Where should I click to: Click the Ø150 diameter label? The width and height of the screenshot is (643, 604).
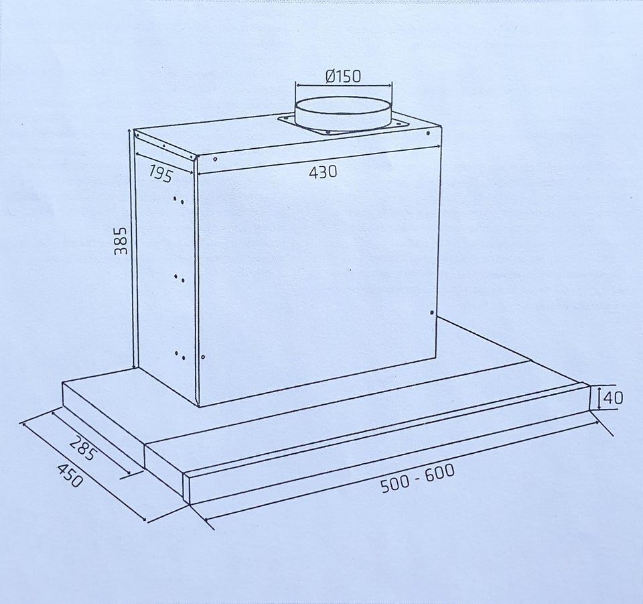tap(344, 76)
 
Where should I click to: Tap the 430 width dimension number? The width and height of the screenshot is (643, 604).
tap(323, 172)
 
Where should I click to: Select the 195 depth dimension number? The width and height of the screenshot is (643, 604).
tap(160, 173)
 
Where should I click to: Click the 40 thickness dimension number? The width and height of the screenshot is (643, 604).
tap(614, 398)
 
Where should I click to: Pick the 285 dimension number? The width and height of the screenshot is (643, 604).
tap(83, 448)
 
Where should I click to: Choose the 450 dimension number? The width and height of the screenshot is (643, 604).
tap(70, 475)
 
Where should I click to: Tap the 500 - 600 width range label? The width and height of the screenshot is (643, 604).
tap(417, 477)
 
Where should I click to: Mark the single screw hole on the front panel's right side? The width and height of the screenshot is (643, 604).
tap(432, 312)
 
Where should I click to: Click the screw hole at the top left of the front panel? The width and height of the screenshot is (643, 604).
tap(215, 159)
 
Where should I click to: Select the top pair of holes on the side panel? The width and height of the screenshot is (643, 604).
tap(178, 200)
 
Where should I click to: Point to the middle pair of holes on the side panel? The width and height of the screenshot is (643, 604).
tap(179, 278)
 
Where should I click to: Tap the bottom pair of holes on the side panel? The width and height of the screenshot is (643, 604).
tap(180, 355)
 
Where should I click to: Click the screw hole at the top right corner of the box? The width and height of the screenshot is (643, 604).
tap(428, 133)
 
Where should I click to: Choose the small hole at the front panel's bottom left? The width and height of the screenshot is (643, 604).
tap(202, 357)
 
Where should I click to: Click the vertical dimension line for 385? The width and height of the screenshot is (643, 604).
tap(133, 249)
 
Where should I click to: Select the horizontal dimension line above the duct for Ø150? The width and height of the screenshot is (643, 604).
tap(344, 85)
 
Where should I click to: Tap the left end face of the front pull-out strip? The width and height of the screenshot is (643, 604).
tap(187, 488)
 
